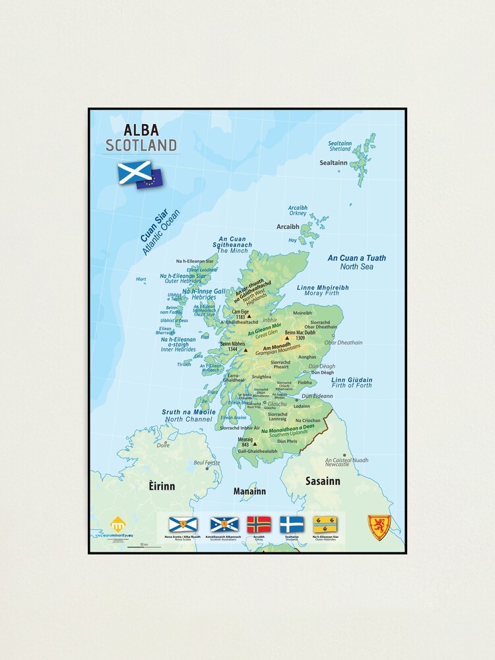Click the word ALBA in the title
141,130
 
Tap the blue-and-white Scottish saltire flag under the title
135,172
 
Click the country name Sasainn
323,481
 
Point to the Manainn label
249,491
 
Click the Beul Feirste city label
207,463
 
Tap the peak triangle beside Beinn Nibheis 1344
245,350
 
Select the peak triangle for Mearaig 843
254,444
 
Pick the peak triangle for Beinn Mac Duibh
286,338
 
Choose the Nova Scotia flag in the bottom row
183,525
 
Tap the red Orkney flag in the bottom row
259,525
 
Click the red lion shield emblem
379,527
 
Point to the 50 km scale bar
144,546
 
